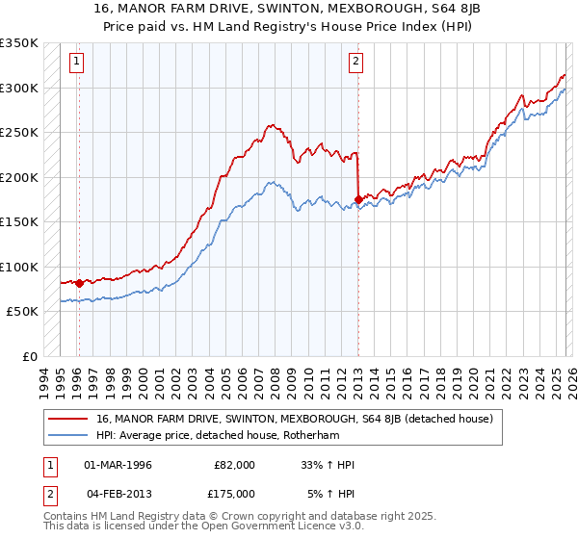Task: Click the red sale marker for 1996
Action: [79, 283]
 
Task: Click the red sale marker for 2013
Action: [358, 199]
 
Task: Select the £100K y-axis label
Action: [19, 267]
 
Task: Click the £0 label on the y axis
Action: [29, 357]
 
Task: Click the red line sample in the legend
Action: [68, 419]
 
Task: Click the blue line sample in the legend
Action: [68, 435]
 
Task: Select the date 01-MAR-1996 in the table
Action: [118, 465]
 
